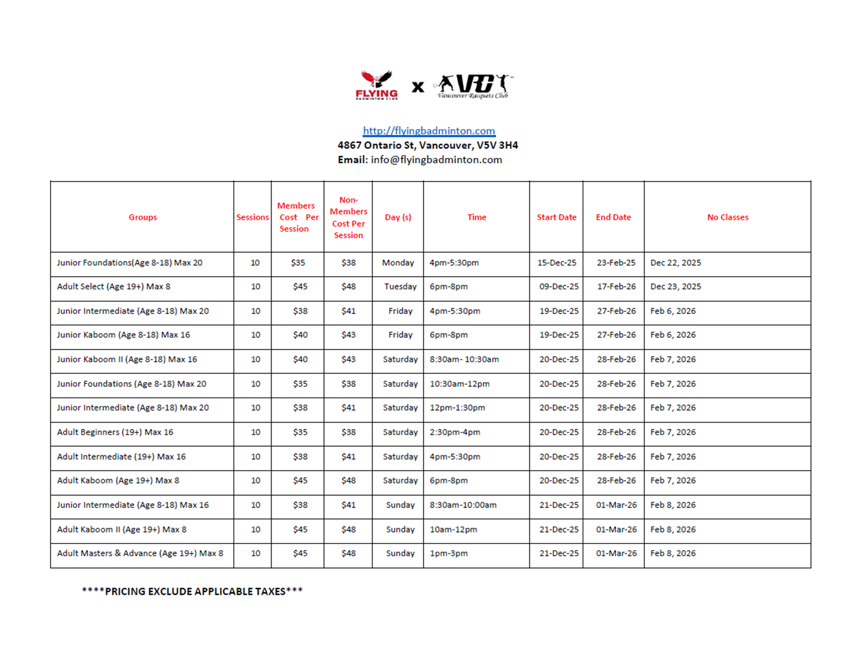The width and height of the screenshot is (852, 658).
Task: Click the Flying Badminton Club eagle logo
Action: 377,85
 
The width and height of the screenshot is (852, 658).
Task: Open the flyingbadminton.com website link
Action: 429,131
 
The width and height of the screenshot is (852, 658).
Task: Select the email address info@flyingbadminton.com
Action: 436,160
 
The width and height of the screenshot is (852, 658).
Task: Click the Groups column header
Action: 143,217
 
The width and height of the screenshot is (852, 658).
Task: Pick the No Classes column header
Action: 727,217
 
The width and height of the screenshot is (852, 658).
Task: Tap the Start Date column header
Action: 556,217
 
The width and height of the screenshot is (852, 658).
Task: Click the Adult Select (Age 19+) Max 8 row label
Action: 114,286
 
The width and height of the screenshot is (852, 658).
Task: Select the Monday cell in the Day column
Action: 398,263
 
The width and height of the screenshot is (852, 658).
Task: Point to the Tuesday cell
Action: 400,286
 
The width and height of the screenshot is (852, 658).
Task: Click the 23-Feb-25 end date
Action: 616,263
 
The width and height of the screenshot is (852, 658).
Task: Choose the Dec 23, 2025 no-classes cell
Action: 675,286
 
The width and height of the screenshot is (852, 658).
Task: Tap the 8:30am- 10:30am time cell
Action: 464,359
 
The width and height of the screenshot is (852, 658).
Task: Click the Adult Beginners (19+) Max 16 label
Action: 115,432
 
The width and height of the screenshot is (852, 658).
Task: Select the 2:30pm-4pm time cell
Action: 455,432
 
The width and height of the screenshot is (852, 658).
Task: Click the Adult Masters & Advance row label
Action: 140,553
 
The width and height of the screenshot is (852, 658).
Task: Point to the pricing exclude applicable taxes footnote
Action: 192,591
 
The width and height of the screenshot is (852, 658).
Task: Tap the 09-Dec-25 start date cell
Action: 559,286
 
